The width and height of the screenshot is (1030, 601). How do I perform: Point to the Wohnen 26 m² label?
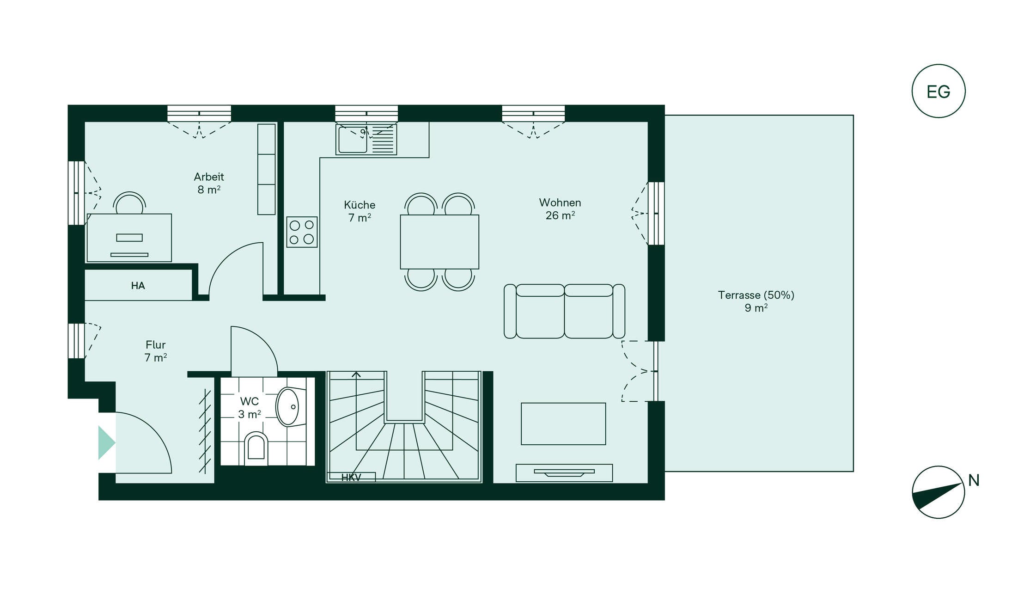pyautogui.click(x=560, y=209)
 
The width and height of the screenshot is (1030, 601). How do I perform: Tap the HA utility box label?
pyautogui.click(x=138, y=286)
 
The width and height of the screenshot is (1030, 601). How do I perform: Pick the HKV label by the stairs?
pyautogui.click(x=351, y=478)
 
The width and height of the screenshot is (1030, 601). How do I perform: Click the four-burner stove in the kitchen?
pyautogui.click(x=302, y=232)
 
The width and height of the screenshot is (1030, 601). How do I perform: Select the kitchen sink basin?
pyautogui.click(x=353, y=140)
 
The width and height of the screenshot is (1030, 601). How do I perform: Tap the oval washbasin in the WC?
pyautogui.click(x=287, y=407)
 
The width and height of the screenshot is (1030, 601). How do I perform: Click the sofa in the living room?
pyautogui.click(x=564, y=311)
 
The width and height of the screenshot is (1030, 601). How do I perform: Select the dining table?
pyautogui.click(x=439, y=242)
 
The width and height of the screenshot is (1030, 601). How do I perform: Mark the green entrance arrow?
pyautogui.click(x=107, y=443)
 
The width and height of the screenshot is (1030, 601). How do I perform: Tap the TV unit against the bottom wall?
pyautogui.click(x=564, y=473)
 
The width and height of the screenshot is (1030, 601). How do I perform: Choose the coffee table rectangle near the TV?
pyautogui.click(x=563, y=424)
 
